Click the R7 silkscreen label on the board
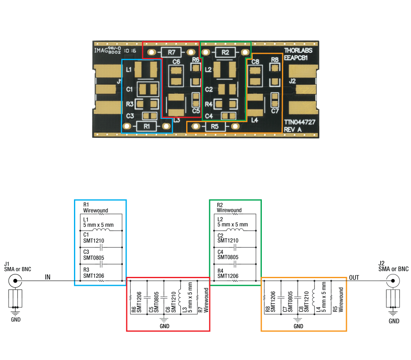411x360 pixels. point(171,52)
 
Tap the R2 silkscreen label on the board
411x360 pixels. point(225,52)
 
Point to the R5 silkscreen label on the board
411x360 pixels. point(215,126)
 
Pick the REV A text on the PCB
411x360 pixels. point(293,130)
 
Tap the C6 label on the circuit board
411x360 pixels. point(176,62)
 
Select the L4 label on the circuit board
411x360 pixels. point(254,120)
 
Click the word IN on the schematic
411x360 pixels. point(48,277)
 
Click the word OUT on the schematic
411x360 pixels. point(354,277)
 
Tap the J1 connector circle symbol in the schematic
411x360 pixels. point(15,281)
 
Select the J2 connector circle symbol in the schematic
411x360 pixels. point(393,281)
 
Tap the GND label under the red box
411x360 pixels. point(164,326)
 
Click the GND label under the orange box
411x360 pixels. point(298,326)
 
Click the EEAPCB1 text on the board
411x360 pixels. point(296,58)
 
